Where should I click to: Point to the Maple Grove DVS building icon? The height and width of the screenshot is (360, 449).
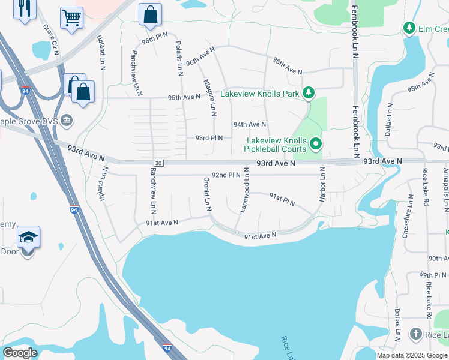(67, 120)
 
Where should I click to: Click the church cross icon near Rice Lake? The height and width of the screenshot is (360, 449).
(415, 334)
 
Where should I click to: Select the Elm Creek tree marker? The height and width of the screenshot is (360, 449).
(409, 28)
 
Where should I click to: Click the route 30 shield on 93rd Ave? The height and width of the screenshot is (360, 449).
(158, 163)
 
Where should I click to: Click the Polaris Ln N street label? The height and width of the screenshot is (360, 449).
(179, 59)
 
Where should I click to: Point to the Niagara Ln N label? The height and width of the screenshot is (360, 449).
(209, 97)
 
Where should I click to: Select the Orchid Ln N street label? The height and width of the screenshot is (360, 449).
(206, 193)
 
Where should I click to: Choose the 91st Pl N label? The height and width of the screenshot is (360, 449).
(282, 200)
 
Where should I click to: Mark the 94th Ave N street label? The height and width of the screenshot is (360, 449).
(250, 124)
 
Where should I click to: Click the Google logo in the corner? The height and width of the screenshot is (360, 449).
(20, 353)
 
